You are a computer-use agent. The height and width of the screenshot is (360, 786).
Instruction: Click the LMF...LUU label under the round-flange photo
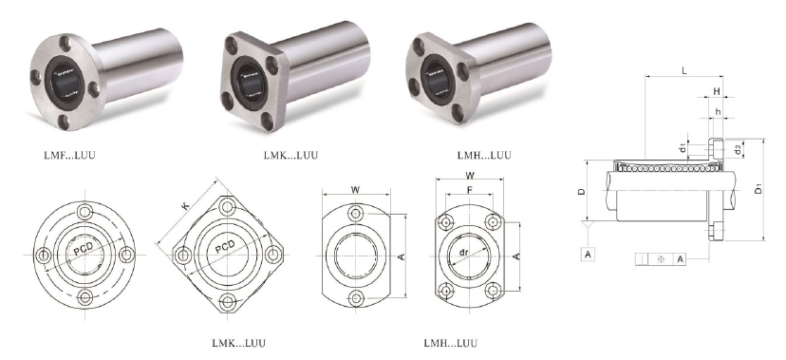[69, 155]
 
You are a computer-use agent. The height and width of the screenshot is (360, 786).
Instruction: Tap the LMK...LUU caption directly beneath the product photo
[290, 155]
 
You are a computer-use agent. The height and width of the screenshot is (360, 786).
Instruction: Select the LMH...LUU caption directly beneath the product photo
[484, 155]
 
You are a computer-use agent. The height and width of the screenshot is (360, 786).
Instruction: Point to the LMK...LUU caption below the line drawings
[238, 344]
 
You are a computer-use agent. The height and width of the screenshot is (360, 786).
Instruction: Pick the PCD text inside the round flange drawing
[84, 248]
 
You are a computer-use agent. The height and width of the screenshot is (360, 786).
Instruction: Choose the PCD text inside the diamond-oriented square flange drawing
[225, 248]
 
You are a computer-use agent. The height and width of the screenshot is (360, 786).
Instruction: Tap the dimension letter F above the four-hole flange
[469, 190]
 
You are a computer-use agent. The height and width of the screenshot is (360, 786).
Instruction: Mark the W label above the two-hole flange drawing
[355, 190]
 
